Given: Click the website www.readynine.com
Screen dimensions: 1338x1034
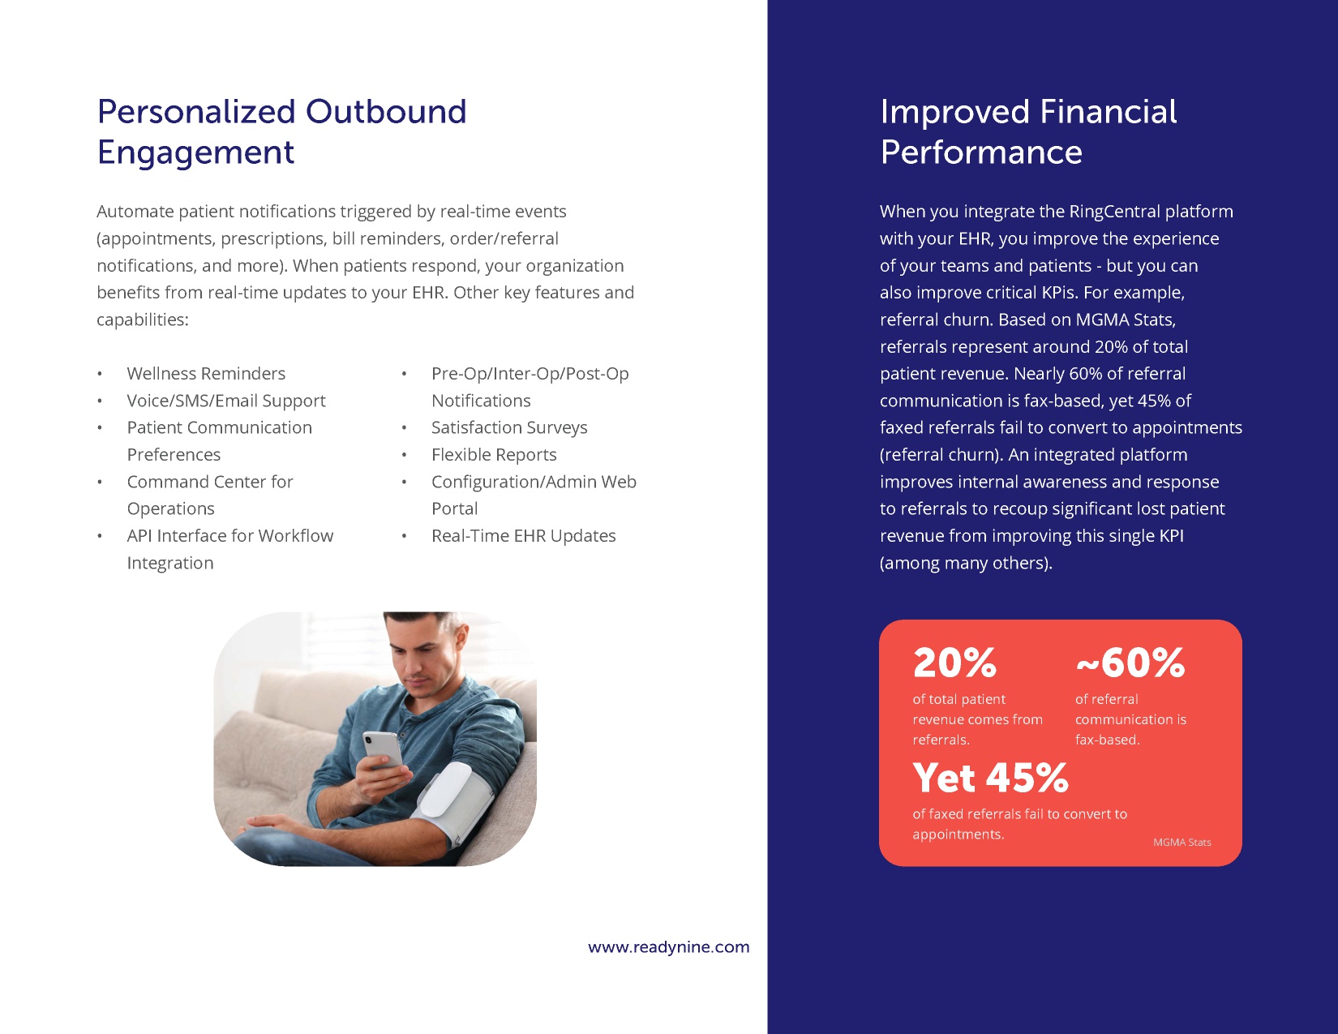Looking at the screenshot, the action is tap(669, 947).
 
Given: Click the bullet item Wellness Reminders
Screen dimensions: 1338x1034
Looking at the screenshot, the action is tap(206, 373).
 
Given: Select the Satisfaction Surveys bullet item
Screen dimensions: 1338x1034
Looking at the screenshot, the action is tap(509, 427).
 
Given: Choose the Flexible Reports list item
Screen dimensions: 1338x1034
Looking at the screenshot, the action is tap(494, 454).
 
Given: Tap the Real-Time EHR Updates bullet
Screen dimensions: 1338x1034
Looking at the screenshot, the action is tap(523, 536).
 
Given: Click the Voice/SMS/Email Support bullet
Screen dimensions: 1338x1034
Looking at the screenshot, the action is tap(226, 401).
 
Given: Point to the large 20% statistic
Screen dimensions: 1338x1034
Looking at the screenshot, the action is tap(954, 663).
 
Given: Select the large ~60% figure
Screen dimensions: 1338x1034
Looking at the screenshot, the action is tap(1130, 663).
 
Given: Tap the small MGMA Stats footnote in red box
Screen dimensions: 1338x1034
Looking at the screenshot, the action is tap(1181, 842).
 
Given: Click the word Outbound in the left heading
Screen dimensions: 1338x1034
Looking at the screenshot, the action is tap(386, 111).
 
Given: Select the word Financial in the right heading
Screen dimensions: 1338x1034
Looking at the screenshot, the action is tap(1109, 111).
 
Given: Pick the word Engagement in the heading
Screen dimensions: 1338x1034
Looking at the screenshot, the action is tap(195, 152).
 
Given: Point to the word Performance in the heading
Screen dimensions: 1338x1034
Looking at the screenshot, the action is tap(981, 152).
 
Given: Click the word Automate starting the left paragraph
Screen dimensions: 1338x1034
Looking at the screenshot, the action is tap(135, 211).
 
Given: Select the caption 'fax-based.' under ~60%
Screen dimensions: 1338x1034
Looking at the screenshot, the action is tap(1107, 740).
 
